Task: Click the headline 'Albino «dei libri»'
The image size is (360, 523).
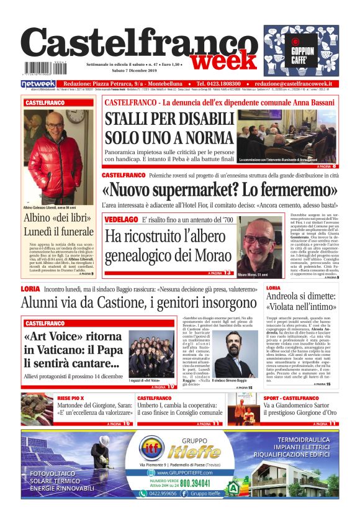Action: coord(56,218)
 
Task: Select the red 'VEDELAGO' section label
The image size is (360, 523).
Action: coord(122,221)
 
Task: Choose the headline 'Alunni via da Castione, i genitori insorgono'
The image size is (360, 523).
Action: coord(140,303)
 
